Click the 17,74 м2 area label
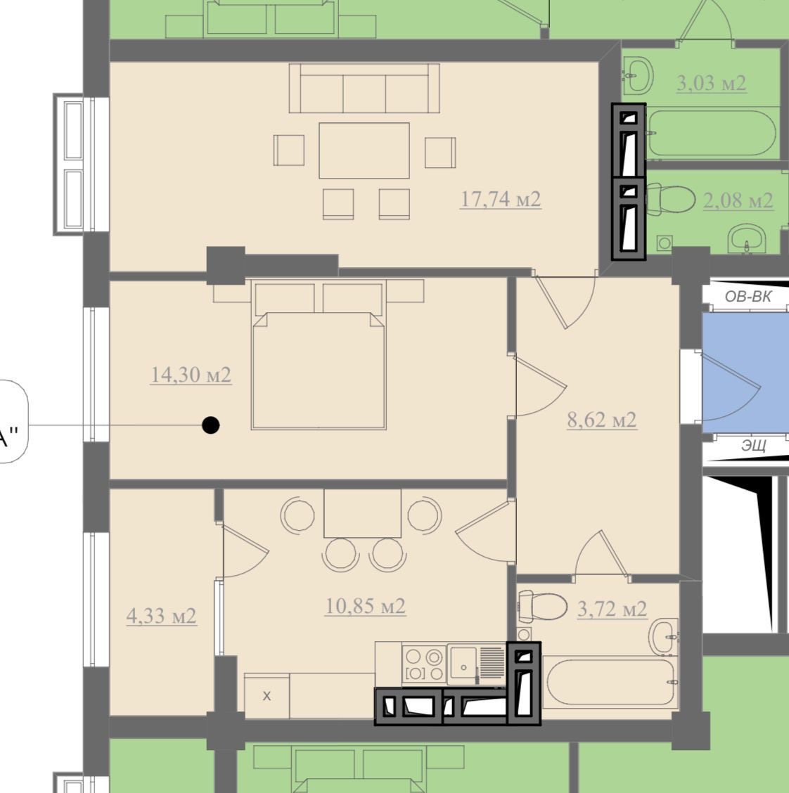[x=501, y=199]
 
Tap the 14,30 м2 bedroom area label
[x=191, y=375]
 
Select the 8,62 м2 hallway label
[x=602, y=420]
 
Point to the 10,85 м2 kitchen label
[x=365, y=606]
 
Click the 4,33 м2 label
[x=161, y=616]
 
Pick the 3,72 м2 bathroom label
[x=612, y=610]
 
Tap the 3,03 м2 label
[x=711, y=83]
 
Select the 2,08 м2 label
[x=738, y=201]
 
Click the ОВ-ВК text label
[x=748, y=297]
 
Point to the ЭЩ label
[x=754, y=446]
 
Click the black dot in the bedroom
[x=211, y=425]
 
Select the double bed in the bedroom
[x=319, y=356]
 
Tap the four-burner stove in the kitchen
[x=424, y=664]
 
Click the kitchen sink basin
[x=463, y=665]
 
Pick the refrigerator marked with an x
[x=267, y=695]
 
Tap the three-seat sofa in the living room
[x=364, y=88]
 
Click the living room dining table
[x=364, y=150]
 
